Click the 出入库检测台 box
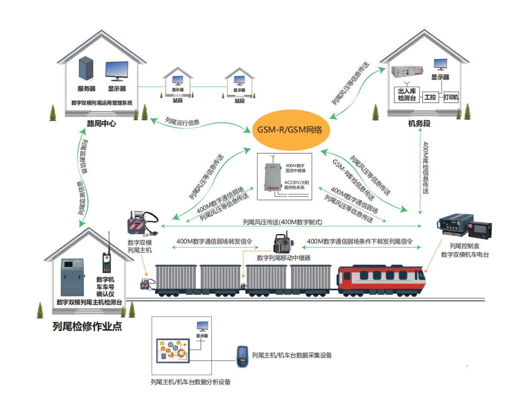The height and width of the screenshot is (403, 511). point(406,94)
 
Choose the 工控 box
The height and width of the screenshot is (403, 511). point(430,97)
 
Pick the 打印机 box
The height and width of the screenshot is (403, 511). point(451,97)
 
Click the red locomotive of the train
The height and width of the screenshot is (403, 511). point(381,279)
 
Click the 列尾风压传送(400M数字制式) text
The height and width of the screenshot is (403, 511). point(282,222)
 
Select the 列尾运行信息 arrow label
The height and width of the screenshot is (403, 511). point(182,122)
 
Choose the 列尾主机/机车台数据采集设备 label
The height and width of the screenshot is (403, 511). point(291,356)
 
